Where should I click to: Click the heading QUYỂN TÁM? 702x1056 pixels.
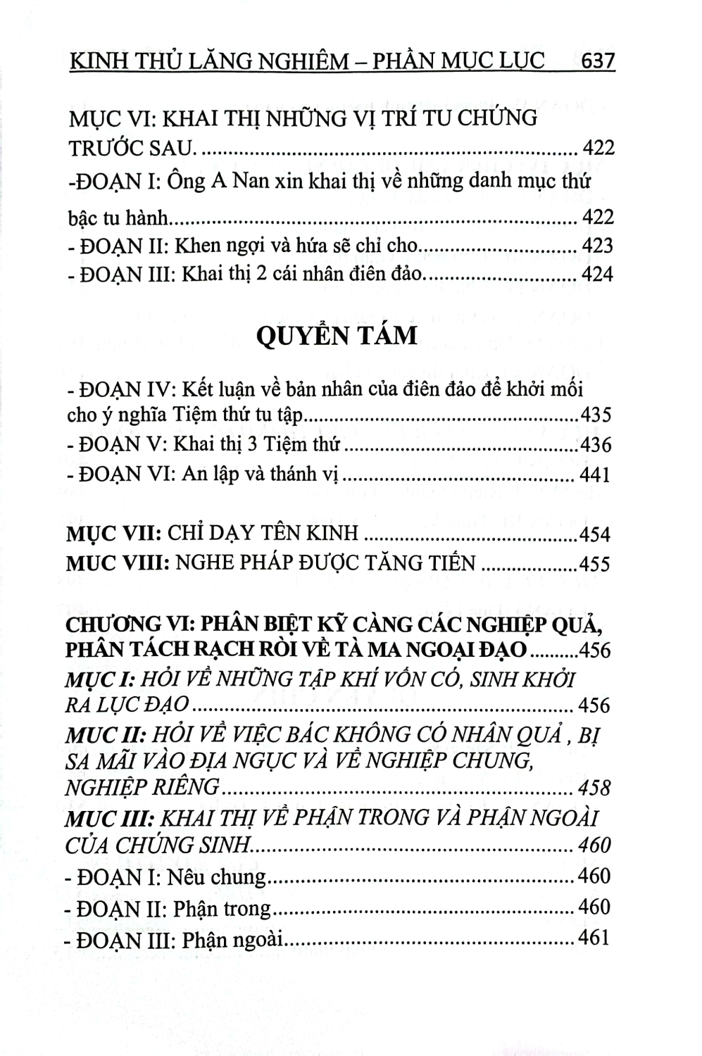tap(337, 335)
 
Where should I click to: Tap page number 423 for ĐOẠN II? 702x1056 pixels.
tap(598, 246)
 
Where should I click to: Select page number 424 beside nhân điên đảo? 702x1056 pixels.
tap(598, 274)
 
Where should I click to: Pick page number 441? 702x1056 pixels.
tap(595, 475)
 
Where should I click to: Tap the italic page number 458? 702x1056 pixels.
tap(594, 787)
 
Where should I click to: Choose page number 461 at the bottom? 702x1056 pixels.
tap(593, 938)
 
